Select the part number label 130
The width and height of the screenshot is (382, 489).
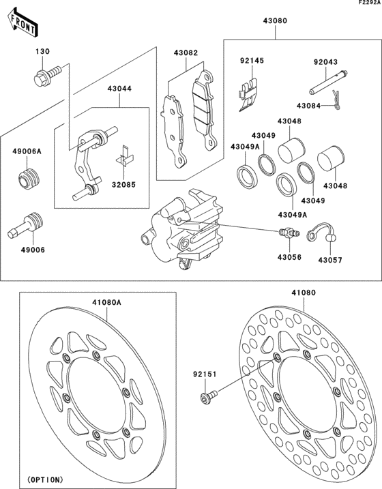click(43, 52)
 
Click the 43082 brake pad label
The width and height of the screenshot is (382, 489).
click(185, 52)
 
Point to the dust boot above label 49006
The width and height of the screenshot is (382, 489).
click(29, 226)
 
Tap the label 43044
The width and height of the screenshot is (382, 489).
click(119, 88)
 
